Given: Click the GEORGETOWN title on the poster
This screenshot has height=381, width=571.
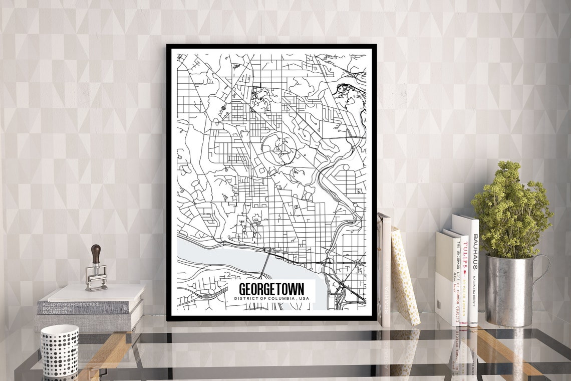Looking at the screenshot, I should click(x=271, y=290).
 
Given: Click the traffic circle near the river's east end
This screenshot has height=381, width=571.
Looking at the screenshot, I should click(x=358, y=263).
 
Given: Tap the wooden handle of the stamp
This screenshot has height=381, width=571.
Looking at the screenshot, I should click(x=96, y=254).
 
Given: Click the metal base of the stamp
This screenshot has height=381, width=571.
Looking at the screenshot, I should click(x=96, y=280).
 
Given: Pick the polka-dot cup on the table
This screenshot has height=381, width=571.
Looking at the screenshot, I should click(x=59, y=350).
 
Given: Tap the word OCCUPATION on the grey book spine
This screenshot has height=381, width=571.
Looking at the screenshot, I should click(x=55, y=312).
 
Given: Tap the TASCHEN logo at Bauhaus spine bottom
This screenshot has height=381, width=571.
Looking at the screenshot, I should click(x=474, y=321).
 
